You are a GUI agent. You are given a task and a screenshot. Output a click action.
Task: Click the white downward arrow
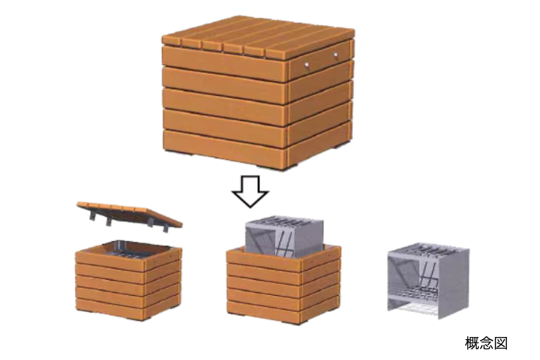click(x=250, y=192)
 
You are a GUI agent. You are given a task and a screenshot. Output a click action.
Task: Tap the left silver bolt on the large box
click(x=306, y=64)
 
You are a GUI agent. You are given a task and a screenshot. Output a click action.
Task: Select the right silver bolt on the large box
click(x=336, y=55)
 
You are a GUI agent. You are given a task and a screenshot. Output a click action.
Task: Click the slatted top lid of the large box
click(x=258, y=37)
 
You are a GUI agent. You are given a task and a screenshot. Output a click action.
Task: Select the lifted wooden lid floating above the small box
click(x=130, y=214)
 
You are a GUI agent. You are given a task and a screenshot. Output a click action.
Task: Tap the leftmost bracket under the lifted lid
click(x=93, y=215)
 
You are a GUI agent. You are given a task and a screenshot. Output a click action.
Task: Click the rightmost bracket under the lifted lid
click(x=166, y=227)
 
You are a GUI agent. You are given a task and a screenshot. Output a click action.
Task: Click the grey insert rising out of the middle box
click(x=284, y=236)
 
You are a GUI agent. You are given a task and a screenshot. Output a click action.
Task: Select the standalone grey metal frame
click(x=428, y=281)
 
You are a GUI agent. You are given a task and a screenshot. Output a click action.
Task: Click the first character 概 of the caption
click(x=472, y=343)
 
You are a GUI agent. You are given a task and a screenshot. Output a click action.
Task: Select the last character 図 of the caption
click(x=500, y=343)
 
